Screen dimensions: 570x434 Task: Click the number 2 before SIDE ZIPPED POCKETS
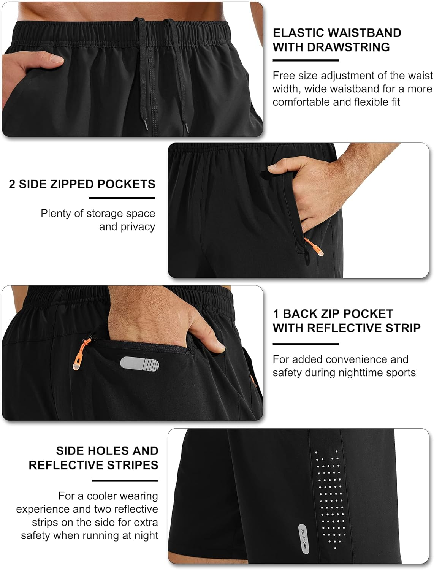tap(12, 184)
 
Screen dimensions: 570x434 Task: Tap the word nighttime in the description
tap(346, 373)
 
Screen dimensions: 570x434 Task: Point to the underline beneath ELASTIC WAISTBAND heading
tap(306, 60)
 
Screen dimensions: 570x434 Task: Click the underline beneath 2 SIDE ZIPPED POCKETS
tap(122, 198)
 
